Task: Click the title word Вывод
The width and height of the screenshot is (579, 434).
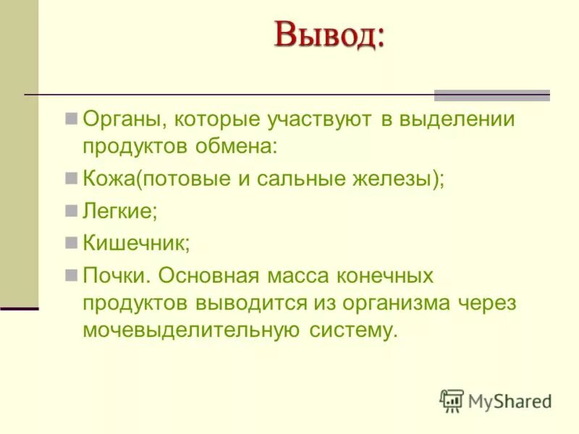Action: pos(329,35)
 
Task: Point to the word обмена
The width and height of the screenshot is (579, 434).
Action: pos(235,146)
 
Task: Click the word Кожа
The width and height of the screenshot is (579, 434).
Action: pos(109,179)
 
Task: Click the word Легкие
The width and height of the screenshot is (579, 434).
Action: pos(119,212)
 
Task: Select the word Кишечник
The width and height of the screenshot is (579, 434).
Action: pos(136,244)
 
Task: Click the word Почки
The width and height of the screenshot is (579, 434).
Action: pos(117,276)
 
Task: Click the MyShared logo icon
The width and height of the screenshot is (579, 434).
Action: pos(452,400)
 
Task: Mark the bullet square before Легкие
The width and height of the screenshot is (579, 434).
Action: pos(71,210)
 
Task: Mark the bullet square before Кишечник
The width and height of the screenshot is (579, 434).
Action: pos(71,242)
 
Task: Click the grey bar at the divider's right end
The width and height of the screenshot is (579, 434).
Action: pos(491,95)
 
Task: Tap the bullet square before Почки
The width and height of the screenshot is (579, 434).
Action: pos(71,275)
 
